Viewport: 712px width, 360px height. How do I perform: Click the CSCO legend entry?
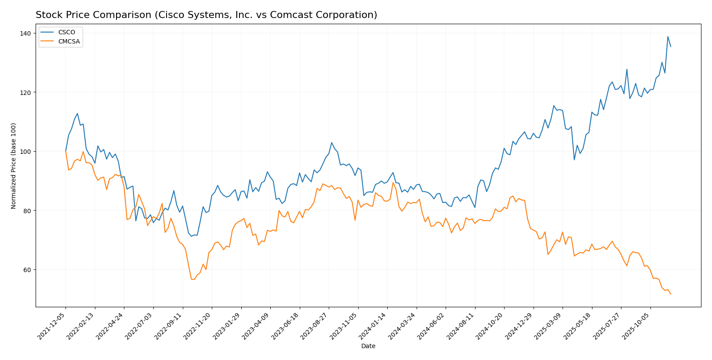coord(66,33)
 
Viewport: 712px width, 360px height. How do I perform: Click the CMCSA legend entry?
coord(69,42)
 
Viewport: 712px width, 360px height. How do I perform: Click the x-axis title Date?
coord(368,346)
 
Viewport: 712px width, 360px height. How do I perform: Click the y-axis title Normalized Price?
coord(14,166)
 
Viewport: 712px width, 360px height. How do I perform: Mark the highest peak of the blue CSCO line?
coord(668,36)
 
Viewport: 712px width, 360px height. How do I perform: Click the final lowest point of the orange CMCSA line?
coord(671,294)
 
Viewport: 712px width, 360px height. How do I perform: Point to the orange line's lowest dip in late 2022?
coord(194,280)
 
